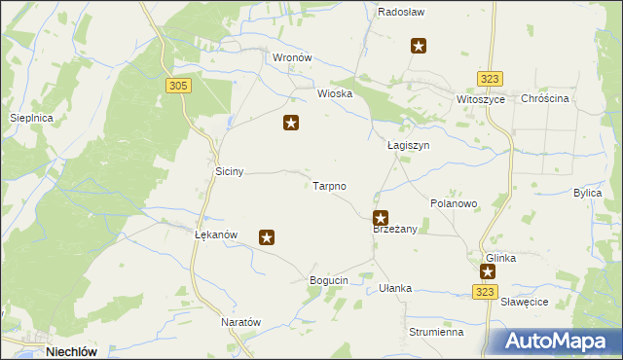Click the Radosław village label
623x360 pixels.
point(397,12)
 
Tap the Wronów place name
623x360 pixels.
point(292,57)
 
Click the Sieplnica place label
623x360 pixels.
point(30,118)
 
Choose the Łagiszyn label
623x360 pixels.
point(409,145)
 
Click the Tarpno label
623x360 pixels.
point(330,185)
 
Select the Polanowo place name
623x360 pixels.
point(454,204)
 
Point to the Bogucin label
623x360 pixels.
point(329,280)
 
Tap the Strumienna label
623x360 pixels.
point(435,332)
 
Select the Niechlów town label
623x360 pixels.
point(74,351)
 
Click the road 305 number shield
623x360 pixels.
point(178,86)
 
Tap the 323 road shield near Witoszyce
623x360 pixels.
point(491,79)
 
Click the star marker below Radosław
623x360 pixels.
point(419,45)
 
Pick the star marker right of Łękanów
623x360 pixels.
point(267,236)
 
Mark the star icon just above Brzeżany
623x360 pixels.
point(381,219)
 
